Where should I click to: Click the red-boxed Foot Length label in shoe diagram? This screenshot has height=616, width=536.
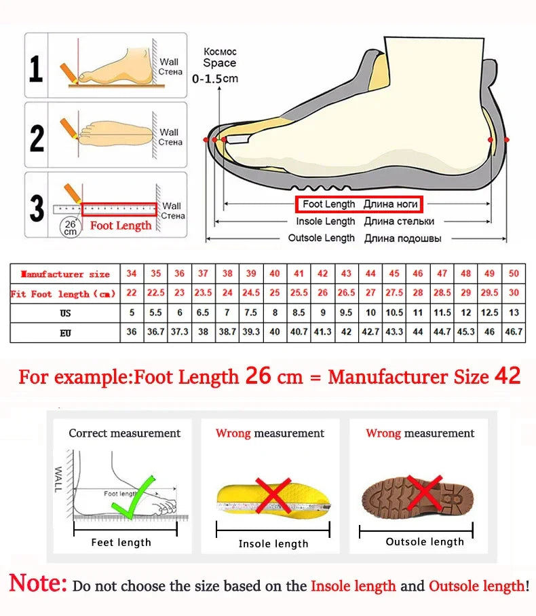click(x=359, y=204)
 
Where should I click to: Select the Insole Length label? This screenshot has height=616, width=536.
click(x=325, y=221)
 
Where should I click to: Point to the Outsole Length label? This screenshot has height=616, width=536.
click(x=321, y=238)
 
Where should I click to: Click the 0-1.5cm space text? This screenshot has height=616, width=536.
click(x=215, y=78)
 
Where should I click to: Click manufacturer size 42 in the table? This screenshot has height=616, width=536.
click(x=323, y=274)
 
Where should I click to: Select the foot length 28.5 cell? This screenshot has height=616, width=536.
click(x=442, y=293)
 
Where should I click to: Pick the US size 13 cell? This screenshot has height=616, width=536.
click(x=514, y=313)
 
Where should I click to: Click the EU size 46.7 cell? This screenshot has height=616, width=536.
click(x=514, y=333)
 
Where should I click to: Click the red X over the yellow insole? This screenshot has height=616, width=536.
click(x=273, y=495)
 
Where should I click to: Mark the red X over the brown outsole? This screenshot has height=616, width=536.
click(x=425, y=493)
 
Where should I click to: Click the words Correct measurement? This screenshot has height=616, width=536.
click(x=125, y=433)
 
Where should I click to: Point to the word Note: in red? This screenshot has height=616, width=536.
click(x=38, y=583)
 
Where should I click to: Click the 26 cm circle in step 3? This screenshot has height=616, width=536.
click(x=71, y=227)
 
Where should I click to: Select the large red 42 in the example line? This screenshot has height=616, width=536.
click(x=508, y=376)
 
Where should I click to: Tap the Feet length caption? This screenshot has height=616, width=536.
click(x=121, y=542)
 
